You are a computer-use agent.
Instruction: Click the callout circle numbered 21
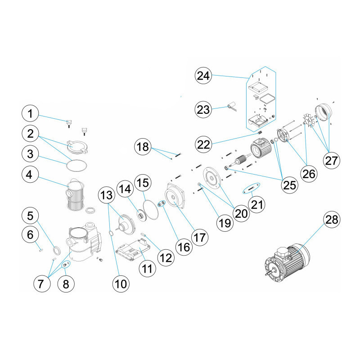pyautogui.click(x=256, y=205)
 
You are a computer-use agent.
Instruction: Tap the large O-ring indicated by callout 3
pyautogui.click(x=75, y=165)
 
